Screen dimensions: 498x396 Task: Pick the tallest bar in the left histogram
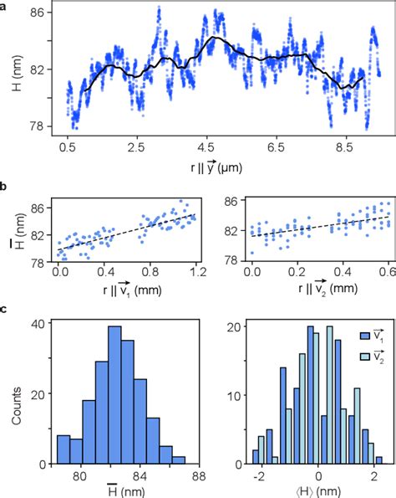point(114,394)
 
